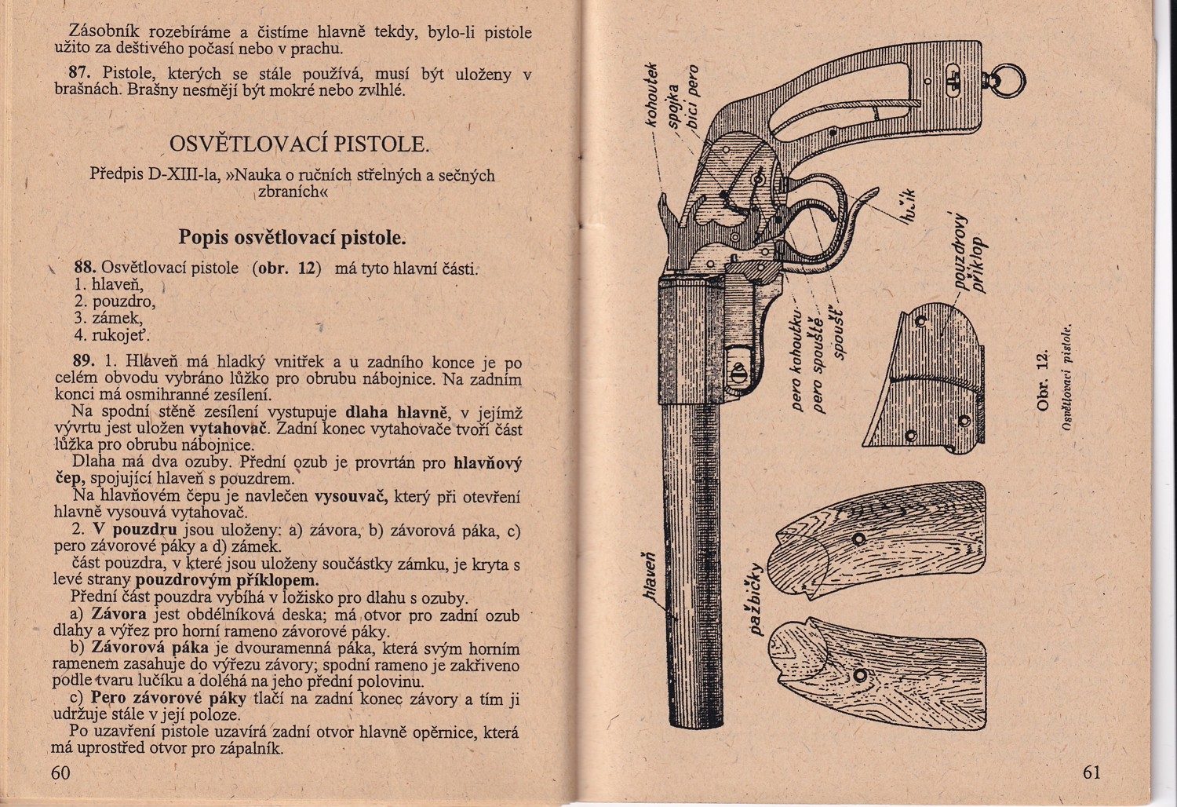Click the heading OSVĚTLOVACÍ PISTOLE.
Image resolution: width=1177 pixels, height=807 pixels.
(x=299, y=144)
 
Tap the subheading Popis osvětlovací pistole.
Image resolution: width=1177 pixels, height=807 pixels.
(x=292, y=236)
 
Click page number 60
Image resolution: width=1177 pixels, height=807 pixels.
(x=60, y=772)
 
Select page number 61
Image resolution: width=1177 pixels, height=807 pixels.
(x=1091, y=772)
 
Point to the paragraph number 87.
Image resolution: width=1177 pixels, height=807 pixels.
(x=80, y=75)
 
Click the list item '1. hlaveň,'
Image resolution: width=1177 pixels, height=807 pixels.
(x=109, y=284)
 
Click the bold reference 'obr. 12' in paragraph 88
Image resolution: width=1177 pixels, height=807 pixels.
(x=286, y=267)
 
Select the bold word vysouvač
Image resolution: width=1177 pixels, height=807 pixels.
(x=348, y=497)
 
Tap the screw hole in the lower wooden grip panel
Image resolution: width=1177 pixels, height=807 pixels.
(x=862, y=676)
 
